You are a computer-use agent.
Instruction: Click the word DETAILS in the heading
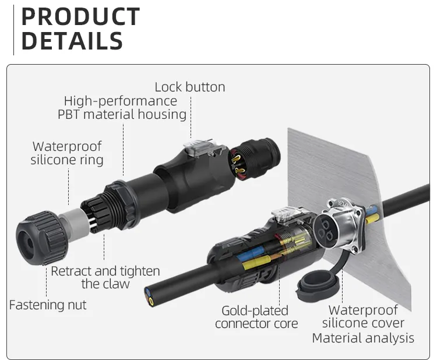click(72, 41)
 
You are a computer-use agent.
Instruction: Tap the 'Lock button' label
click(189, 87)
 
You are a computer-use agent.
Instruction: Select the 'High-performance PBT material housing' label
click(122, 108)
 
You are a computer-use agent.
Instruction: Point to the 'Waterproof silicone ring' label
click(67, 153)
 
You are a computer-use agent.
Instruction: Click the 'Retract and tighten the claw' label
click(105, 277)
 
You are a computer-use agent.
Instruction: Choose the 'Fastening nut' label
click(48, 305)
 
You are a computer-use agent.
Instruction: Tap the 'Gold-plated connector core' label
click(256, 317)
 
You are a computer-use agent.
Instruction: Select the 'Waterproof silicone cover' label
click(363, 317)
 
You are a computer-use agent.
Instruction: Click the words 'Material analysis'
click(363, 338)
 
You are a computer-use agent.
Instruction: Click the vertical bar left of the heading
click(13, 29)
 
